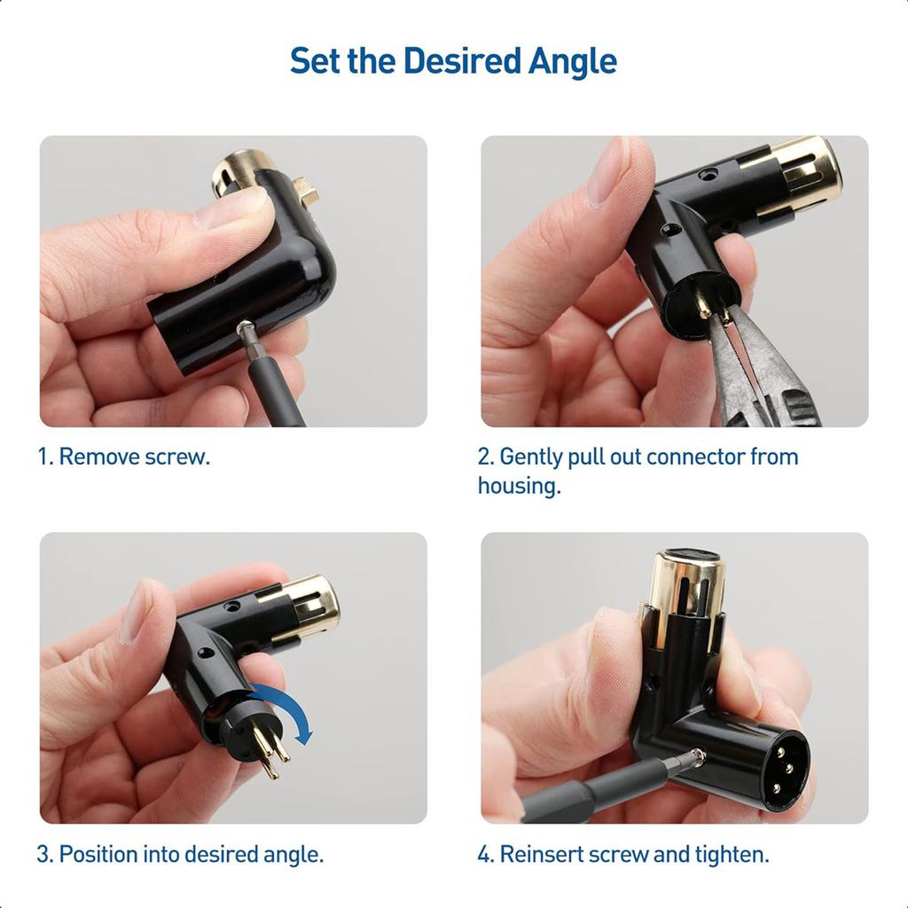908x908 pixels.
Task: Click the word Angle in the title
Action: click(x=573, y=61)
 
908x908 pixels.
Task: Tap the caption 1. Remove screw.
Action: click(x=123, y=458)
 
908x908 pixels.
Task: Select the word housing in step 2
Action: click(x=519, y=486)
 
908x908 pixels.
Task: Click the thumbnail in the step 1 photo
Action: click(x=231, y=208)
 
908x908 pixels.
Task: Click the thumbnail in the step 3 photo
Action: click(x=137, y=613)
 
